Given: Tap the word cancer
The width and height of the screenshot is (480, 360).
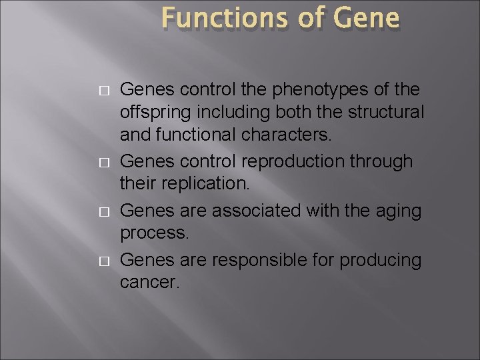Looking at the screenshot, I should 149,282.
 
